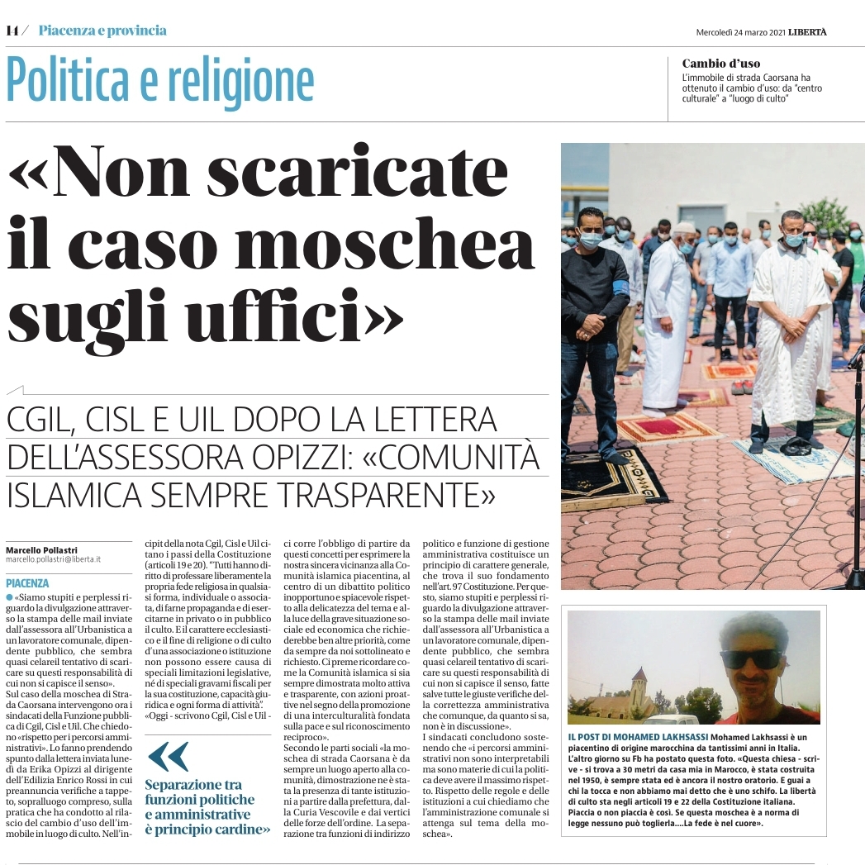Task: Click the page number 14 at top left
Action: pyautogui.click(x=12, y=31)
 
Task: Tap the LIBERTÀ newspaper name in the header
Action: pyautogui.click(x=807, y=32)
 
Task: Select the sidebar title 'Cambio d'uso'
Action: pyautogui.click(x=721, y=64)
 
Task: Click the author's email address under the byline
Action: pyautogui.click(x=53, y=559)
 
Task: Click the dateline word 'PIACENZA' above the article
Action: pyautogui.click(x=27, y=583)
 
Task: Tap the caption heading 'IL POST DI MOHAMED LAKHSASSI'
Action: pyautogui.click(x=637, y=736)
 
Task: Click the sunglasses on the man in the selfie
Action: pyautogui.click(x=750, y=658)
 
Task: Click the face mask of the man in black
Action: pyautogui.click(x=589, y=240)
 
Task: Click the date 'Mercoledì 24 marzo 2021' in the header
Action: pyautogui.click(x=739, y=32)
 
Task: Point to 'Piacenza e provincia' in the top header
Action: pyautogui.click(x=102, y=31)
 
